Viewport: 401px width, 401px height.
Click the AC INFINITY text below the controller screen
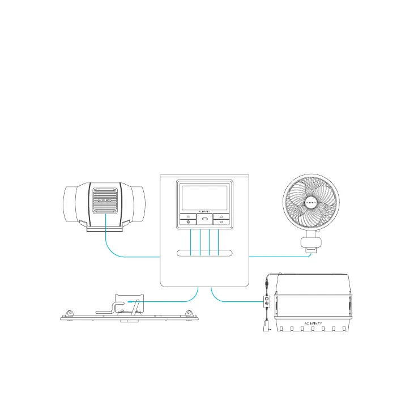[x=205, y=212]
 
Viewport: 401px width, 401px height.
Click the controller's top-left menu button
[x=188, y=216]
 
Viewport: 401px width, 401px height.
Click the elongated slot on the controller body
[x=205, y=254]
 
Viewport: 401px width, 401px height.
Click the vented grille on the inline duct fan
[x=105, y=200]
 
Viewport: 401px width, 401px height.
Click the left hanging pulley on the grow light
[x=70, y=313]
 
